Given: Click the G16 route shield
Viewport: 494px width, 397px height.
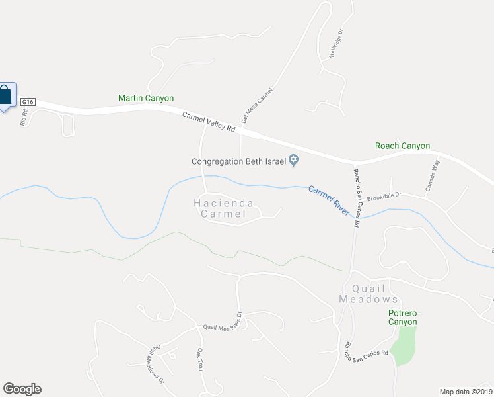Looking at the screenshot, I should [27, 102].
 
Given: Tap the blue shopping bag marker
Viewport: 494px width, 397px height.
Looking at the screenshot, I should [5, 95].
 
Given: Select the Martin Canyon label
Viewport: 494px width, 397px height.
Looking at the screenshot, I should [146, 98].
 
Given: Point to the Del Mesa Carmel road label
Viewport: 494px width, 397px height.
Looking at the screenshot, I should [257, 106].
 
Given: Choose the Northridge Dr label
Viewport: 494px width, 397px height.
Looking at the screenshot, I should [335, 44].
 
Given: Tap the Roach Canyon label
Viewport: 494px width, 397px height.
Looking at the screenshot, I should [402, 146].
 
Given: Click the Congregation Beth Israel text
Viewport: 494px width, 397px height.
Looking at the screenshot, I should [239, 161].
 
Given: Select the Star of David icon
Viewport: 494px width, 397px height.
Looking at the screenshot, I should [295, 160].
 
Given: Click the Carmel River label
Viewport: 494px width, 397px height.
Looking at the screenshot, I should [328, 199].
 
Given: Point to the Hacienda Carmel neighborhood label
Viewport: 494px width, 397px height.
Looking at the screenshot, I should [223, 208].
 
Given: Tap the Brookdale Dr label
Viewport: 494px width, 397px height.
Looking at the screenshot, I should [384, 197].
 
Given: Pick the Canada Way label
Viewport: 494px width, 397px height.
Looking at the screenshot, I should [433, 177].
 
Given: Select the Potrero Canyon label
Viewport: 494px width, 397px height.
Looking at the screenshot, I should [402, 317].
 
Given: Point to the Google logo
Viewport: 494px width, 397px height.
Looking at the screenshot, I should [22, 389].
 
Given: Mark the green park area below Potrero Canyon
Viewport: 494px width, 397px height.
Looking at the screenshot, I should [404, 344].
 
